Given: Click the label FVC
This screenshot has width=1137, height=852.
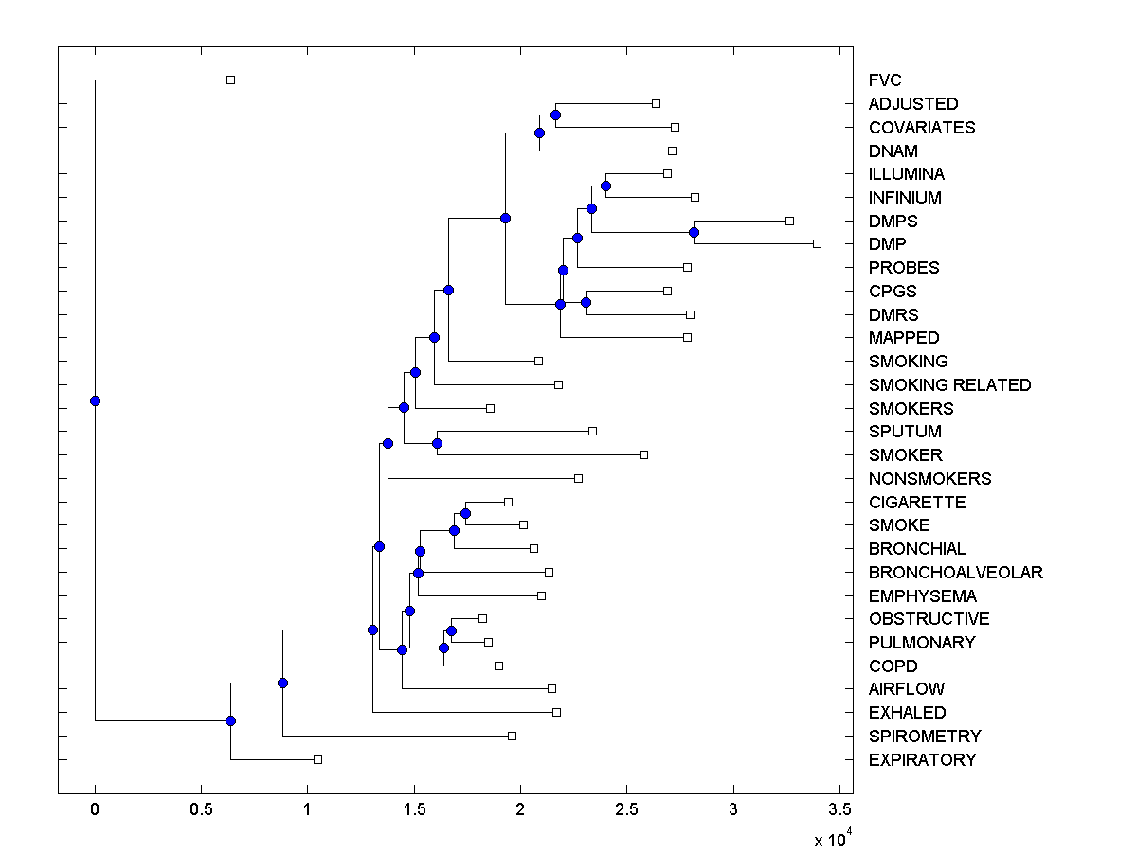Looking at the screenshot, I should pyautogui.click(x=885, y=80).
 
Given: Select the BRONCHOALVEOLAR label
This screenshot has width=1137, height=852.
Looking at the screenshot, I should pyautogui.click(x=955, y=572).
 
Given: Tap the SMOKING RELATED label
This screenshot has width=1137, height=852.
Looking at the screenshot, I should pyautogui.click(x=949, y=385).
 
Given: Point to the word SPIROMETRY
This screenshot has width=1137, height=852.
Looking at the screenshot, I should pyautogui.click(x=925, y=736).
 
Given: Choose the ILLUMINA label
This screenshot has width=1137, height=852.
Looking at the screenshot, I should pyautogui.click(x=906, y=174).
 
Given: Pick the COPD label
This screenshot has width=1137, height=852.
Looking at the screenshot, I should pyautogui.click(x=893, y=666).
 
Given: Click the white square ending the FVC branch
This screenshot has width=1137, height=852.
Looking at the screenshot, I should pyautogui.click(x=230, y=80).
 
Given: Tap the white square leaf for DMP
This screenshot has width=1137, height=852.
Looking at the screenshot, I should pyautogui.click(x=817, y=243).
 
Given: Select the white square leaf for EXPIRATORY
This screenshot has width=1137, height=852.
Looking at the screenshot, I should pyautogui.click(x=317, y=759).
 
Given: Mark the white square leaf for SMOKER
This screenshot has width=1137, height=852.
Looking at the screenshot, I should pyautogui.click(x=643, y=454).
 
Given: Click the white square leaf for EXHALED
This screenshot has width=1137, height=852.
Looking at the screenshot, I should pyautogui.click(x=556, y=712).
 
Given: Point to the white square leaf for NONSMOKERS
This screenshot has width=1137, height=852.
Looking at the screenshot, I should pyautogui.click(x=578, y=478).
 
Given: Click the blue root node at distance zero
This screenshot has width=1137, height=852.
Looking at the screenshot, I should pyautogui.click(x=95, y=400).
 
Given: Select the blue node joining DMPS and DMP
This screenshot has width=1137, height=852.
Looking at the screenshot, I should pyautogui.click(x=694, y=232).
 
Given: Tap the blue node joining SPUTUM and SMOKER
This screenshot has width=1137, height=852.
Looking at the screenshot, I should pyautogui.click(x=437, y=443).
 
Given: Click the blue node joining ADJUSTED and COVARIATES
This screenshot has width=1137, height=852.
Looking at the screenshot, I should pyautogui.click(x=555, y=115).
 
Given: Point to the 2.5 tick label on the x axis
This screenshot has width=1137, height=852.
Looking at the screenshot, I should pyautogui.click(x=626, y=810).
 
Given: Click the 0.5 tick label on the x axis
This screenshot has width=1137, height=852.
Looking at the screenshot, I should pyautogui.click(x=201, y=810).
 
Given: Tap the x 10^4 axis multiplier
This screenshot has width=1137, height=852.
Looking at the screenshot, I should pyautogui.click(x=834, y=839).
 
